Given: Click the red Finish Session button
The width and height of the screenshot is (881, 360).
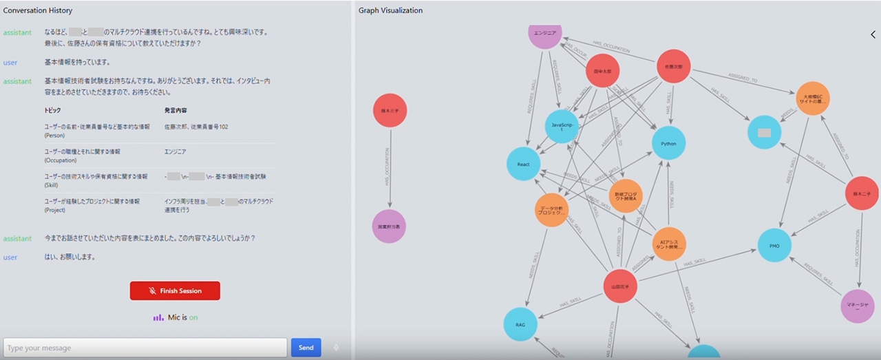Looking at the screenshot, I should [175, 290].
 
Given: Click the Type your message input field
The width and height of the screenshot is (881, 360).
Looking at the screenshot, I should [145, 348].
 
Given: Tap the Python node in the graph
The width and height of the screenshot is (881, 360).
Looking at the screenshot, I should [668, 143].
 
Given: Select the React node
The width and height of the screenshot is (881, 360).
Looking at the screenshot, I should [523, 164].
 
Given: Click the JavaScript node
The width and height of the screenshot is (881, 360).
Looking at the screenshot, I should [562, 127].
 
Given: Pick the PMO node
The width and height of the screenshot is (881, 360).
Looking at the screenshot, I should [774, 245].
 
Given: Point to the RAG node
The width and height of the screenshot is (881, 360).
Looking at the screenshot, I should [520, 325].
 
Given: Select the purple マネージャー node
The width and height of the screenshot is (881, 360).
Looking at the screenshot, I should [858, 306].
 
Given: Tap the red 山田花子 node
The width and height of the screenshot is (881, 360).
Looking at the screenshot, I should [619, 287].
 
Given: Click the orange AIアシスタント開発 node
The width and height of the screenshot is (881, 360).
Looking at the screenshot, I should [669, 244].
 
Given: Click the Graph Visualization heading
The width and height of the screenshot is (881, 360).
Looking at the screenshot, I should [390, 10].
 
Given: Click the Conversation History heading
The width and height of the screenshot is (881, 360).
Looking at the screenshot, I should [38, 10].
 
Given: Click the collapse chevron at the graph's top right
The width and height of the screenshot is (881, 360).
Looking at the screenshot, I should [873, 34].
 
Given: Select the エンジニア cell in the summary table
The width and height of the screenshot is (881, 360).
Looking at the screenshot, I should [176, 151].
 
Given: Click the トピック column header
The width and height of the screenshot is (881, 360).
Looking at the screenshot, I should [52, 110].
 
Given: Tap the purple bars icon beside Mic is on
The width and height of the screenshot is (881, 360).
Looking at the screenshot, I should [158, 317].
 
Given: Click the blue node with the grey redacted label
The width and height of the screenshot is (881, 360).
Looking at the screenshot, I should [764, 132].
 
